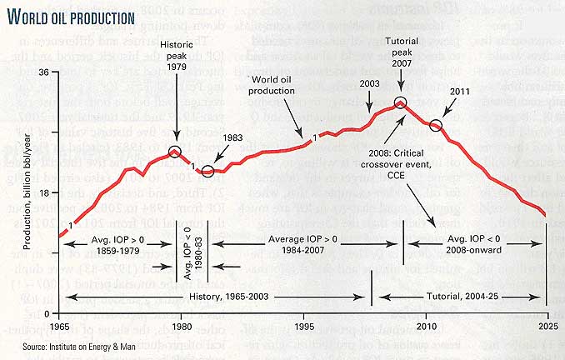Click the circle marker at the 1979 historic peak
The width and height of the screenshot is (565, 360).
pos(175,152)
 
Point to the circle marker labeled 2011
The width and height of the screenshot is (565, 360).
pos(435,127)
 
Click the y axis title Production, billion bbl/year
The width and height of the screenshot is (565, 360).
pos(27,191)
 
